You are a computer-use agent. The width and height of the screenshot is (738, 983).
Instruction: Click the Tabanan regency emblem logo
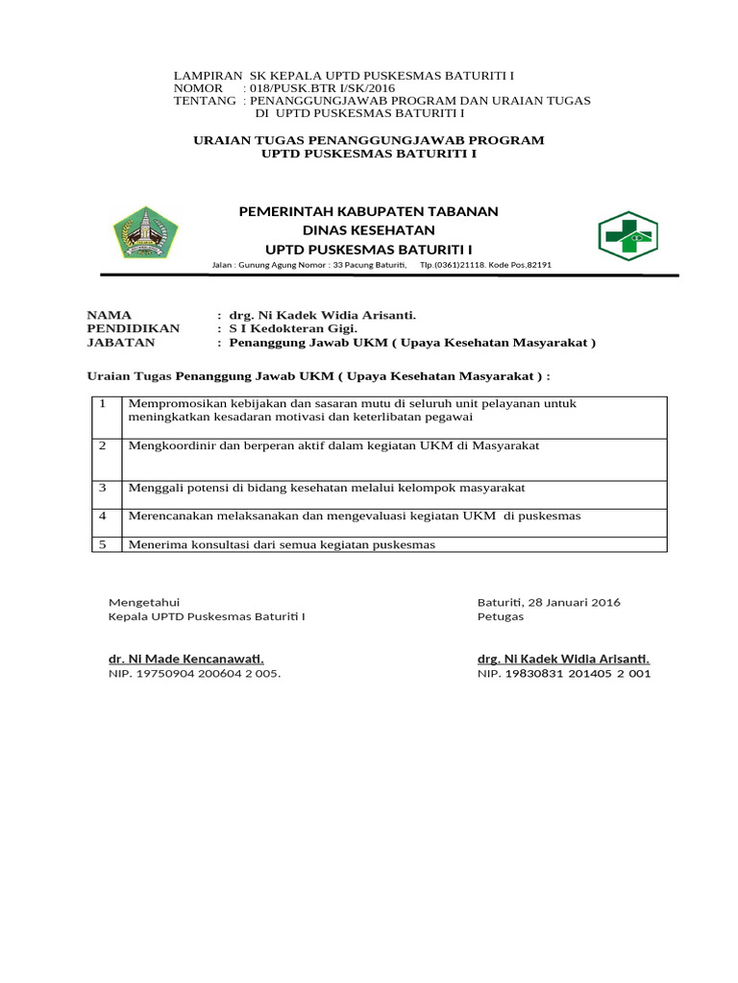(145, 234)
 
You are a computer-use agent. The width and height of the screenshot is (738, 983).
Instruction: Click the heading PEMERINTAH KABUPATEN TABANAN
(368, 211)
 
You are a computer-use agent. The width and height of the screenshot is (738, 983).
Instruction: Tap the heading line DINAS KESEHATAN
(369, 230)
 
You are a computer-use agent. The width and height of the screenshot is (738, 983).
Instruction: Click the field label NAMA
(110, 315)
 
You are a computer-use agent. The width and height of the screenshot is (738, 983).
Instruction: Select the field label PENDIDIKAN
(133, 328)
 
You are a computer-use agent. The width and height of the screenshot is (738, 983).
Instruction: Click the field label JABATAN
(120, 342)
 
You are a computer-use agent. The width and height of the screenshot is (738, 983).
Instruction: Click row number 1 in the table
(102, 403)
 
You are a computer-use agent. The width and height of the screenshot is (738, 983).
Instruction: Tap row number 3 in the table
(102, 488)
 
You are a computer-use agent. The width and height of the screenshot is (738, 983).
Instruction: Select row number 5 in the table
(102, 544)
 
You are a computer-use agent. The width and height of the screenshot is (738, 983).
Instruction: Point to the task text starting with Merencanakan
(355, 516)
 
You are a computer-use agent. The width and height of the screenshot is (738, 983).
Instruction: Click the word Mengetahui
(144, 603)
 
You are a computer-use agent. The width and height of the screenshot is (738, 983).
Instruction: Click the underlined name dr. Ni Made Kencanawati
(185, 659)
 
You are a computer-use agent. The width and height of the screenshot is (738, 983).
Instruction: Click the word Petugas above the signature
(501, 617)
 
